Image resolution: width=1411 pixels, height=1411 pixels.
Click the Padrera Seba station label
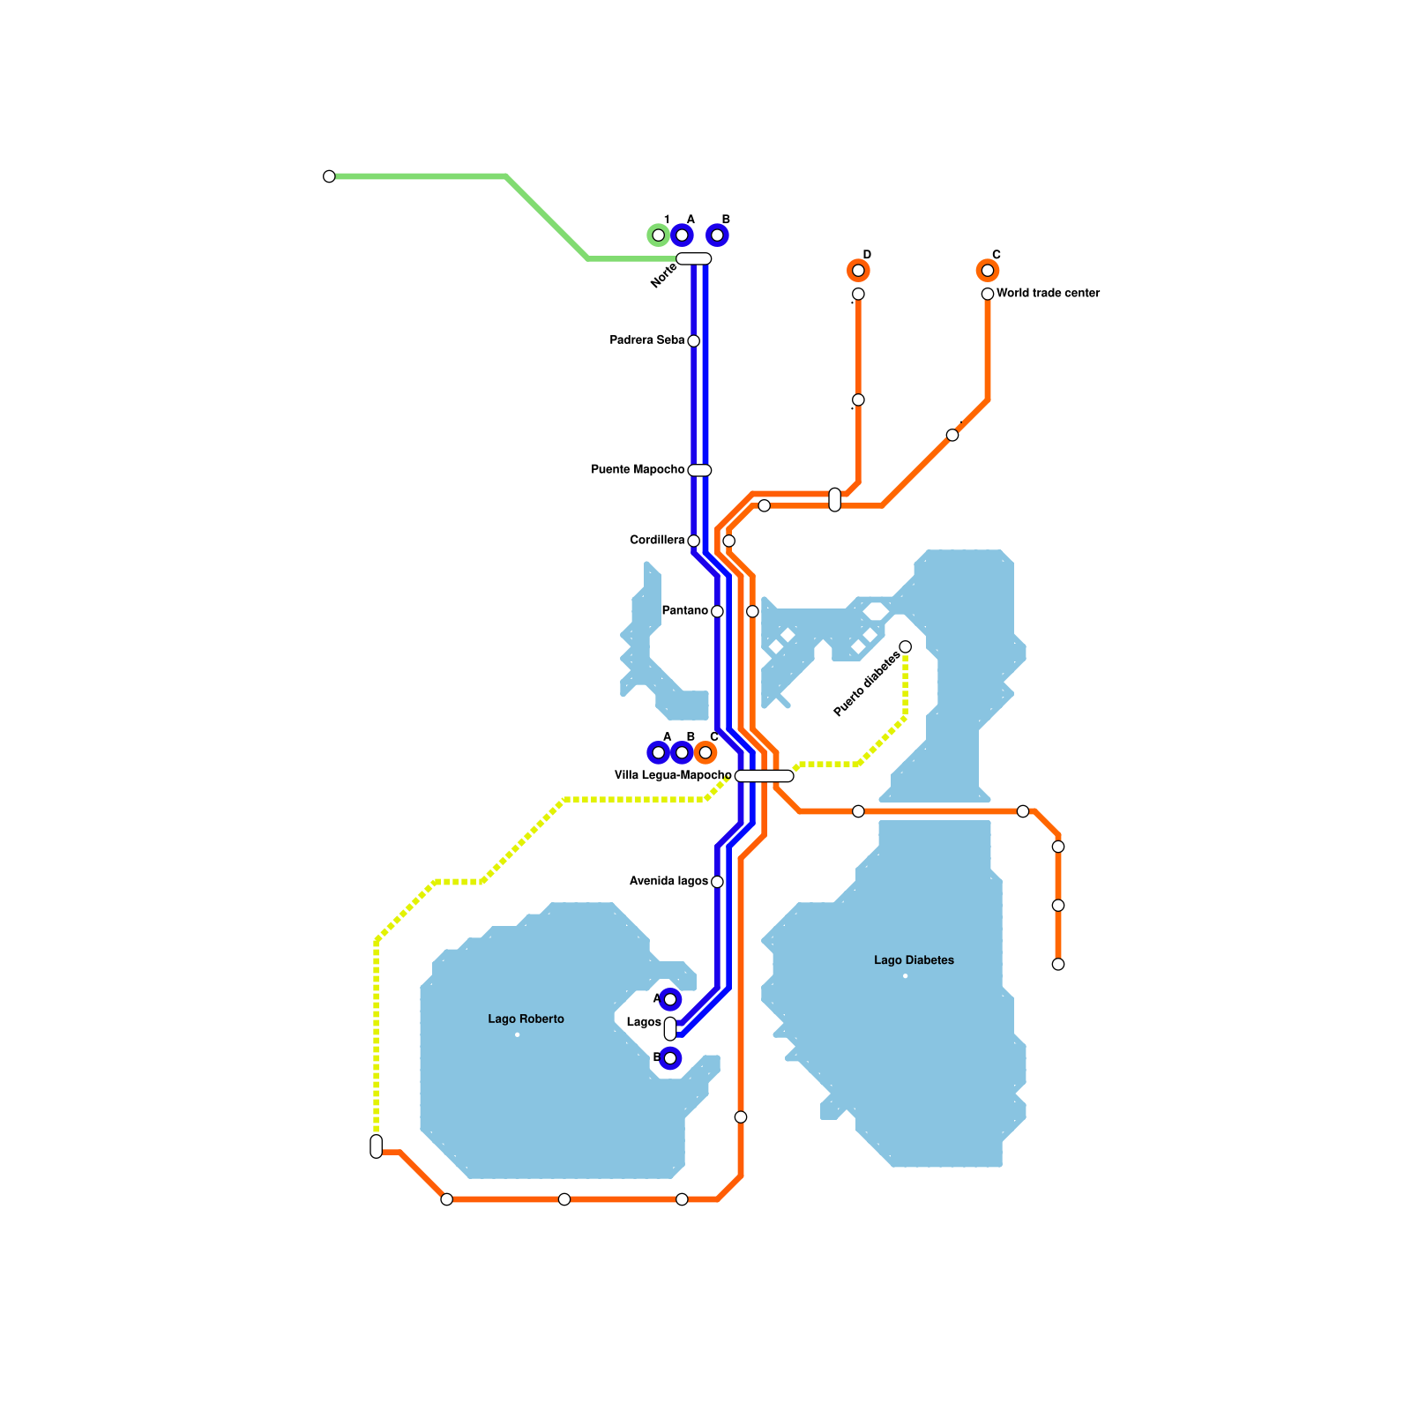click(x=646, y=340)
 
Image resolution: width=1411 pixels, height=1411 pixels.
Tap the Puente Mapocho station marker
click(x=699, y=470)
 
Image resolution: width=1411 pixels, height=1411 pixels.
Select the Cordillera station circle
click(x=693, y=541)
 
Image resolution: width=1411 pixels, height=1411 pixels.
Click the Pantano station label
click(x=684, y=611)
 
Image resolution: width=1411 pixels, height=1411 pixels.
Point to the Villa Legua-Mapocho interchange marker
click(x=764, y=776)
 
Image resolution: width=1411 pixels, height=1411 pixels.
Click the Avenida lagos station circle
click(x=717, y=882)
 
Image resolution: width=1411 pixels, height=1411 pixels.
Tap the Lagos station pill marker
click(x=670, y=1028)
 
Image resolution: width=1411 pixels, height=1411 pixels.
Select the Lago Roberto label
click(x=526, y=1019)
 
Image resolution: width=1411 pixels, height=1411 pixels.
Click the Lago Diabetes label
click(x=914, y=960)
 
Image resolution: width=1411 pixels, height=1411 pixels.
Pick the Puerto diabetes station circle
click(x=905, y=647)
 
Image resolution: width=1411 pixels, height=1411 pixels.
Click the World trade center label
click(x=1048, y=294)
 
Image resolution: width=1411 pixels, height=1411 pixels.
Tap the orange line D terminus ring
click(x=858, y=271)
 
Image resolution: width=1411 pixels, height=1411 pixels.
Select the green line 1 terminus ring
click(x=658, y=235)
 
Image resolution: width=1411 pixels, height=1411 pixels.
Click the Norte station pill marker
click(x=693, y=258)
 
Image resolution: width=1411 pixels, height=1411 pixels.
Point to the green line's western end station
click(x=329, y=176)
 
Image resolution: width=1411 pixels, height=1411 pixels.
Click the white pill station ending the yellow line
click(x=377, y=1146)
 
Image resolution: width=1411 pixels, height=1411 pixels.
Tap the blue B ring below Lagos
click(x=670, y=1058)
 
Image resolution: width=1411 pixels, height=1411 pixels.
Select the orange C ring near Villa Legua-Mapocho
click(x=705, y=753)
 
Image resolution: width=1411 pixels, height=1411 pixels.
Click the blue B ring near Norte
click(x=717, y=235)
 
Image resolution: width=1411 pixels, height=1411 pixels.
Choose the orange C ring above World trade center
click(x=988, y=271)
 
